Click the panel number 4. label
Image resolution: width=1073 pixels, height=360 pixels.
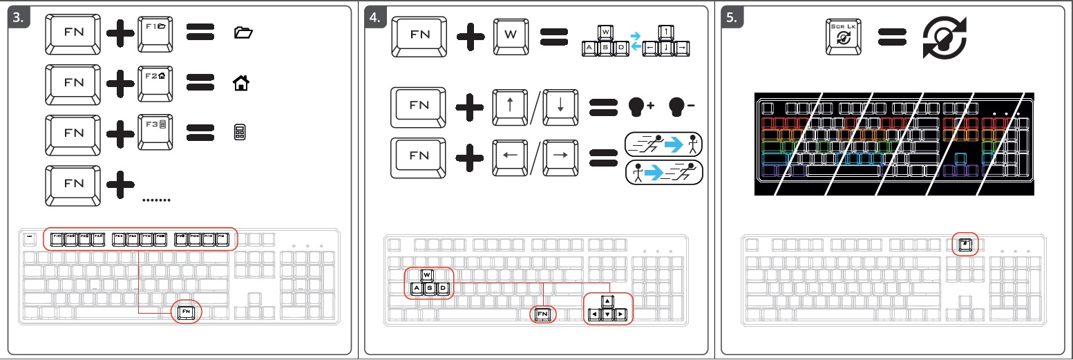(377, 19)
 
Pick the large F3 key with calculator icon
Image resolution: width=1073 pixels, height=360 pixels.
(156, 131)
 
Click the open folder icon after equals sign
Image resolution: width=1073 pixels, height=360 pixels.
(243, 32)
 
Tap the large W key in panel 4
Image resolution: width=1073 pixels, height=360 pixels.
(511, 34)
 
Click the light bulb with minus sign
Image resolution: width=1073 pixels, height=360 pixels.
(679, 106)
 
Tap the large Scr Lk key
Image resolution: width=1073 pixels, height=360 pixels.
(844, 37)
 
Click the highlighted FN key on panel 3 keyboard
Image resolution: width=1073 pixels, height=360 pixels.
(187, 312)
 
